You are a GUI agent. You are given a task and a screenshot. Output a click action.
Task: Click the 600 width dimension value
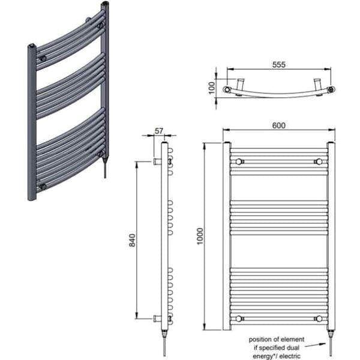coord(278,125)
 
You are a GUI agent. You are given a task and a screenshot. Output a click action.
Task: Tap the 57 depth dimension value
coord(159,130)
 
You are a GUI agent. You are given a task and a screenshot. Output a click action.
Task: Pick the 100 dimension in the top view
coord(211,88)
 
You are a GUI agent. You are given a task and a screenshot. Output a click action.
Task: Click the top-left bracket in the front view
coord(240,162)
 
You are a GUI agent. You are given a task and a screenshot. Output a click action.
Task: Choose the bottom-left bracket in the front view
coord(240,318)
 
